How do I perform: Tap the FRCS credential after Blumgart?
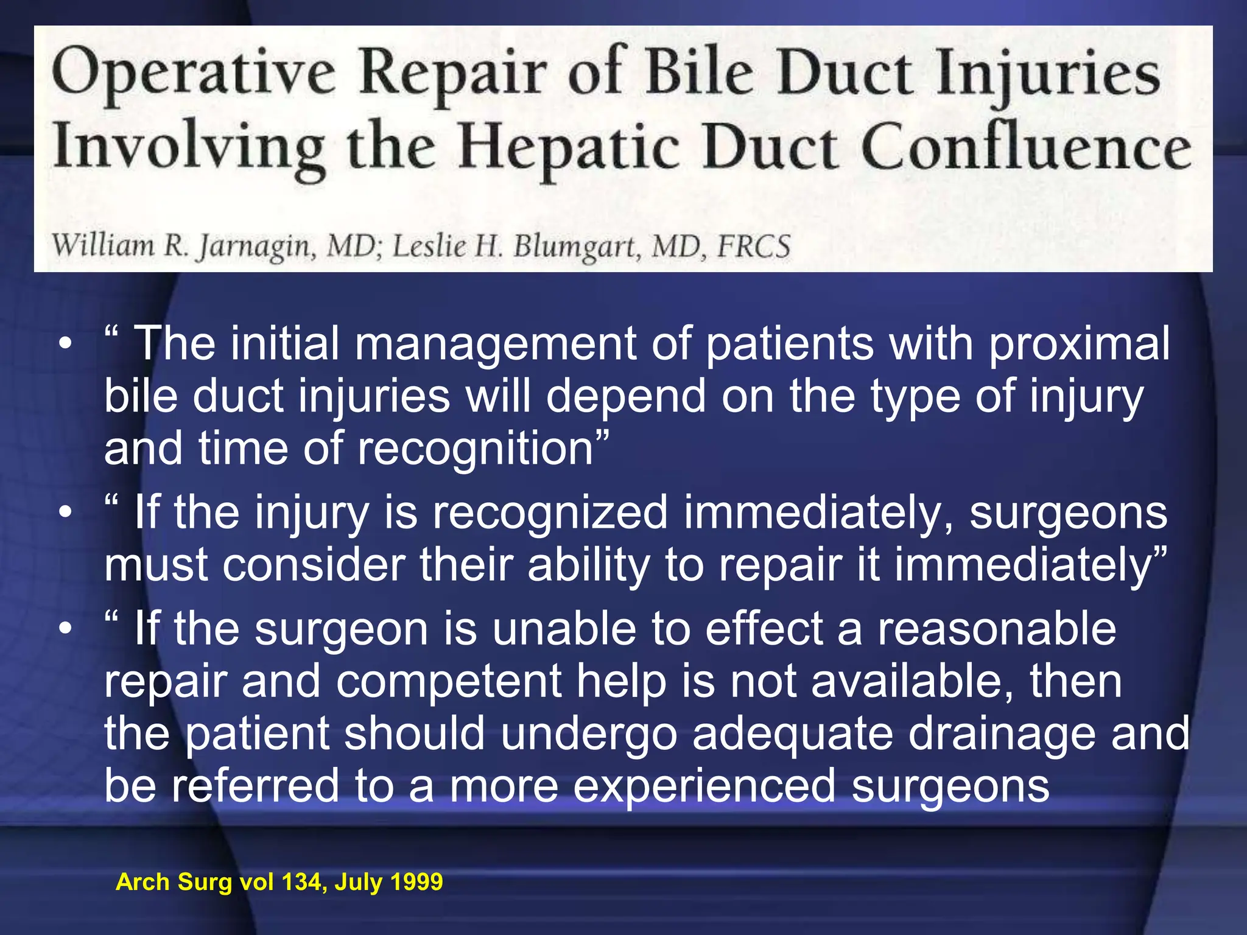click(x=754, y=247)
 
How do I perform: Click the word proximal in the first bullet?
click(x=1078, y=345)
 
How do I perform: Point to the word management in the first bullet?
click(x=496, y=345)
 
